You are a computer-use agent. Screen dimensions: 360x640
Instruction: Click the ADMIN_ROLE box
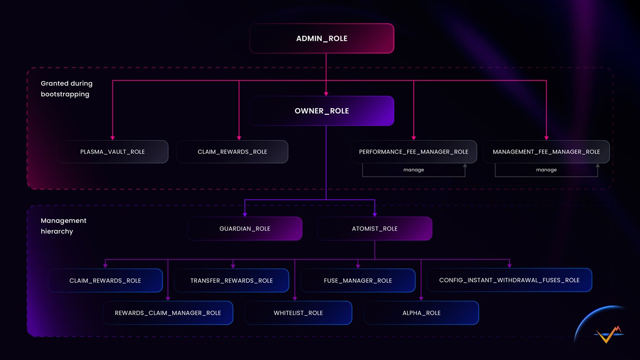pos(321,38)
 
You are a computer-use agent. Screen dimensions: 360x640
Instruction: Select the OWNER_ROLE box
pos(321,111)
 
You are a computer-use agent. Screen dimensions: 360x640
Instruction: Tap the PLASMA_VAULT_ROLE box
pos(112,152)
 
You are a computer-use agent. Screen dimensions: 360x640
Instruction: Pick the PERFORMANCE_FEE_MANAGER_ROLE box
pos(413,152)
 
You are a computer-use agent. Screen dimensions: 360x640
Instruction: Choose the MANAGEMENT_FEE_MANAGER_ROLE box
pos(546,152)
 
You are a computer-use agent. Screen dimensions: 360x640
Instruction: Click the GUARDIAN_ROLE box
pos(245,228)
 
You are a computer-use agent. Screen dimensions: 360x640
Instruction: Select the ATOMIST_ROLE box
pos(374,228)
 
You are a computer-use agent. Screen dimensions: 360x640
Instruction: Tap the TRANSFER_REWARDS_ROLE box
pos(231,281)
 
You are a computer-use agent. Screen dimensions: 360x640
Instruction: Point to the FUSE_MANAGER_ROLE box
pos(357,281)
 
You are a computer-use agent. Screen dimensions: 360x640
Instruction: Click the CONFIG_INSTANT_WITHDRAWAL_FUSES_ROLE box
pos(509,280)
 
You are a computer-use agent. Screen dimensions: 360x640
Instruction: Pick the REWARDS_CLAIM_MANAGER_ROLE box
pos(168,313)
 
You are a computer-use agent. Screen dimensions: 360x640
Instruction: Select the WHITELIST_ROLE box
pos(298,313)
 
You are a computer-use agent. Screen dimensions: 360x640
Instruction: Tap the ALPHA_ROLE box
pos(421,313)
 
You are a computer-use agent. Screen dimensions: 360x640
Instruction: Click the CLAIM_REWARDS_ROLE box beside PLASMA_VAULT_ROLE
pos(232,152)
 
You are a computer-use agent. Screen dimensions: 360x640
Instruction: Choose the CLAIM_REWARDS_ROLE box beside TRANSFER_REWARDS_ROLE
pos(105,281)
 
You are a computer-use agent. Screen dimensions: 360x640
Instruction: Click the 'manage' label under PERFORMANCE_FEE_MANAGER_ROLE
pos(413,170)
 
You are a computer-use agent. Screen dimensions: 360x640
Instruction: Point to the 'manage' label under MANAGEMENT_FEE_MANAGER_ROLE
pos(546,170)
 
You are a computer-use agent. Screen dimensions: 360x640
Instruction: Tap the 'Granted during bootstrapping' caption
pos(66,89)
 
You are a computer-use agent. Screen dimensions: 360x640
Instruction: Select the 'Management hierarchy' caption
pos(64,226)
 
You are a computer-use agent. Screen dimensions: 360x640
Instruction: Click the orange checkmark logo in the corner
pos(608,335)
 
